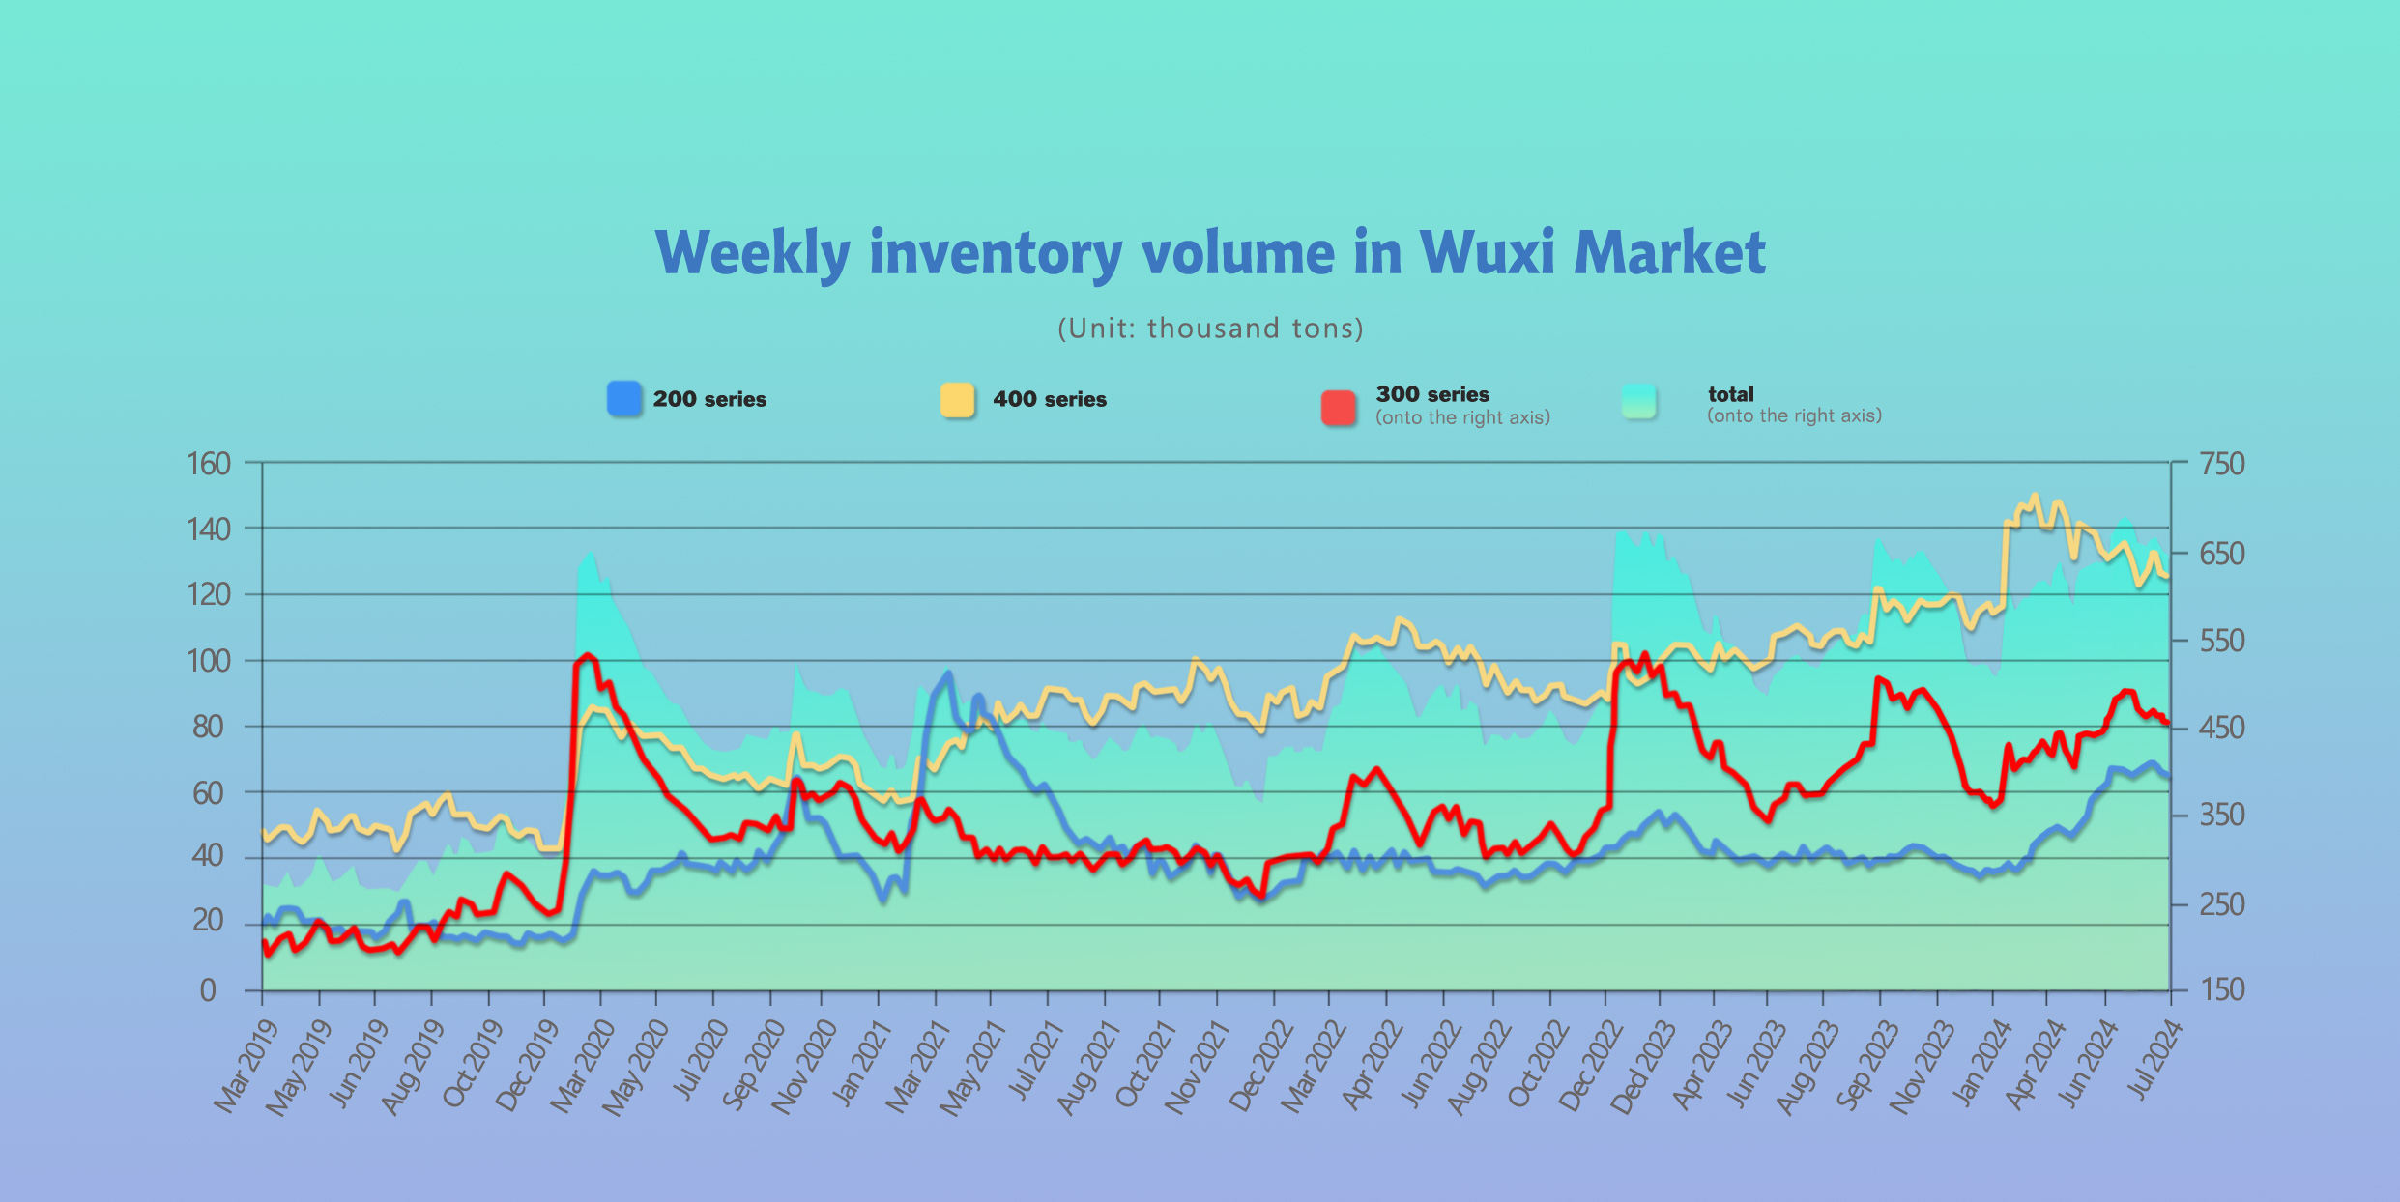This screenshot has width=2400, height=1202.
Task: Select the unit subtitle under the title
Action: pyautogui.click(x=1210, y=329)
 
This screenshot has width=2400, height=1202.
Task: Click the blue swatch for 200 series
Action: pyautogui.click(x=624, y=399)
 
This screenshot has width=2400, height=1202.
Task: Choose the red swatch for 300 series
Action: pyautogui.click(x=1339, y=407)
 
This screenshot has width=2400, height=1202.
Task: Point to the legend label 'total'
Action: pyautogui.click(x=1730, y=394)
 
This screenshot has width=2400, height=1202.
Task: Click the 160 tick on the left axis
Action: pyautogui.click(x=209, y=464)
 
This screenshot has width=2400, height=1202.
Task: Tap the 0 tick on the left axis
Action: pyautogui.click(x=208, y=990)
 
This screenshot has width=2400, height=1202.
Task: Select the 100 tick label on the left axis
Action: pyautogui.click(x=209, y=662)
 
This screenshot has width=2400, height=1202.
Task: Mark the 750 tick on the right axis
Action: pyautogui.click(x=2222, y=464)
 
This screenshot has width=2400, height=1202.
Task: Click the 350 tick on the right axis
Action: pyautogui.click(x=2222, y=816)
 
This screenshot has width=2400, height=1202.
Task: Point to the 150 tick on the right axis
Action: pyautogui.click(x=2222, y=989)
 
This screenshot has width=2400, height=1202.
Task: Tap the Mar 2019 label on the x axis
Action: pyautogui.click(x=246, y=1066)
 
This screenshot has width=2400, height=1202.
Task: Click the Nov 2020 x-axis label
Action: pyautogui.click(x=804, y=1067)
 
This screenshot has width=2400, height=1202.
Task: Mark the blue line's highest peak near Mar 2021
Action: pyautogui.click(x=948, y=673)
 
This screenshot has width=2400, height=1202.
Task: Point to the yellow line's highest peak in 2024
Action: pyautogui.click(x=2035, y=496)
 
